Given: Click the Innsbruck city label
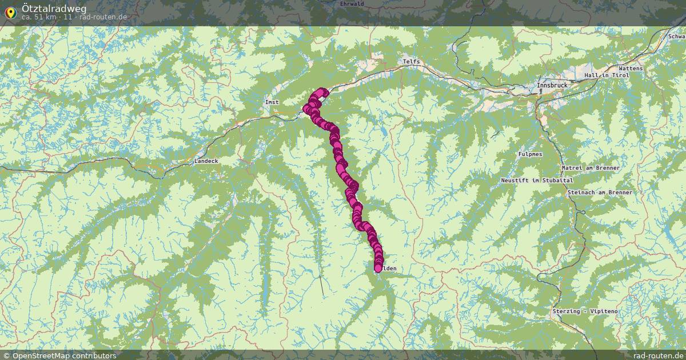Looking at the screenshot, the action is click(552, 86).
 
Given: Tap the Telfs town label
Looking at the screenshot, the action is click(411, 61).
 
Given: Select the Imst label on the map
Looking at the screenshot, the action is click(272, 102).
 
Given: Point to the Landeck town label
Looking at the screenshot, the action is click(206, 161).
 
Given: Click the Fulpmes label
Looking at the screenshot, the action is click(530, 154).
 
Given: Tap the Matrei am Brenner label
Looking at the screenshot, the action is click(591, 168).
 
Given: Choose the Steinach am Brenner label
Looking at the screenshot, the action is click(600, 193).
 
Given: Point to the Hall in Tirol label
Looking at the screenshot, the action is click(607, 75).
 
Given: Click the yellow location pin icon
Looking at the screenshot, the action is click(10, 11).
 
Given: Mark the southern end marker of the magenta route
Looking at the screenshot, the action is click(378, 268).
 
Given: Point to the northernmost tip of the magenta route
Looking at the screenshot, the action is click(323, 91).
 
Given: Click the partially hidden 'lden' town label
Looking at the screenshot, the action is click(389, 269).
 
